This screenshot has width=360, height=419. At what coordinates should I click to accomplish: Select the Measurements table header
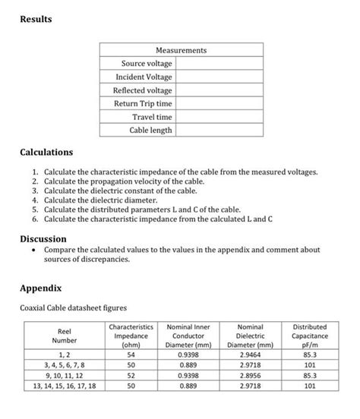(182, 50)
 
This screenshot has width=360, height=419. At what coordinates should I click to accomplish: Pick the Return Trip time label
(143, 104)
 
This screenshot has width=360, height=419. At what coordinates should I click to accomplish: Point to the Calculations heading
(46, 153)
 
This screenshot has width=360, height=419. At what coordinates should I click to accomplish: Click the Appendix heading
(43, 289)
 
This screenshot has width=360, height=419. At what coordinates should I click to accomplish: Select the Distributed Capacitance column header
(309, 335)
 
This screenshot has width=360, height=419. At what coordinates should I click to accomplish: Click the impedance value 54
(130, 354)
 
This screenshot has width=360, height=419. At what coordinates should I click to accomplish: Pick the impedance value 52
(130, 375)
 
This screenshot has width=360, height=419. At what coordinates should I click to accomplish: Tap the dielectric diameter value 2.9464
(250, 354)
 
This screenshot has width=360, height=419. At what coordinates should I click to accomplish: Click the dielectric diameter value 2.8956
(250, 375)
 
